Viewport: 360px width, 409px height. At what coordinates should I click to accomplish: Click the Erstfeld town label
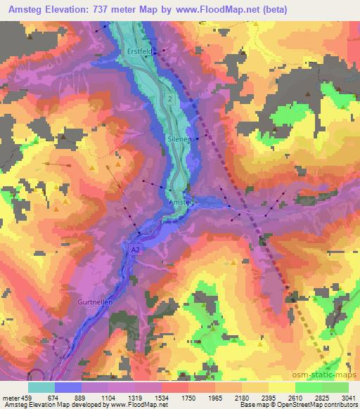(x=139, y=51)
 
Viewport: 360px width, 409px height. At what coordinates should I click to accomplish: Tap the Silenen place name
(x=179, y=140)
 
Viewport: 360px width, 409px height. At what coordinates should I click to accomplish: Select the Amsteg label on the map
(x=181, y=202)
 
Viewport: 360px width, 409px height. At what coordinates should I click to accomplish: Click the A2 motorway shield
(x=136, y=249)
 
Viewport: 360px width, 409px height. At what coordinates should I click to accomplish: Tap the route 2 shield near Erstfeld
(x=170, y=100)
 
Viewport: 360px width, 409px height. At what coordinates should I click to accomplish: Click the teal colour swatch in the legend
(x=41, y=387)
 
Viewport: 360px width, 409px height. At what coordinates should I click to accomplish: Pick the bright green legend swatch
(x=308, y=387)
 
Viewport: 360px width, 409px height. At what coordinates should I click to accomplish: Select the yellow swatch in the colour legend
(x=281, y=387)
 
